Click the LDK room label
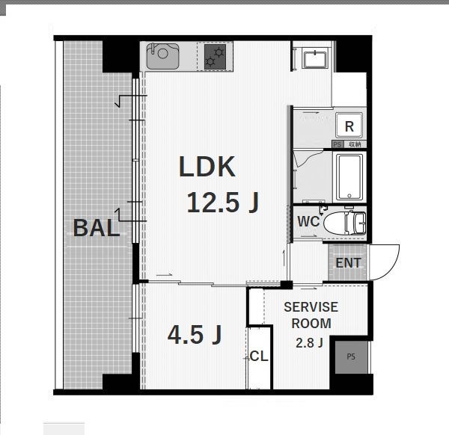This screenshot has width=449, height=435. [x=207, y=167]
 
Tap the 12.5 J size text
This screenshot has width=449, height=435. [x=222, y=203]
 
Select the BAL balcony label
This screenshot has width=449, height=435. [x=97, y=228]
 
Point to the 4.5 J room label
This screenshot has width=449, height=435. [x=195, y=334]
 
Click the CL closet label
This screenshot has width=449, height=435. [x=259, y=356]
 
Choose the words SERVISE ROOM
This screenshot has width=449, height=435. [x=311, y=315]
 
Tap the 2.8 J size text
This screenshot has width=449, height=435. [x=309, y=342]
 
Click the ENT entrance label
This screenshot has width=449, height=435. [x=348, y=263]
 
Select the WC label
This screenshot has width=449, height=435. [x=308, y=221]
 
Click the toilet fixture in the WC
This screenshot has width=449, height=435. [x=345, y=223]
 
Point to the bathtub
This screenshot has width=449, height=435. [x=349, y=177]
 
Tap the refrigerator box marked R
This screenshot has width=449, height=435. [x=349, y=126]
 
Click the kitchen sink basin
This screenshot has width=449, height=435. [x=162, y=56]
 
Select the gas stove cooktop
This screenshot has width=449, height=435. [x=215, y=56]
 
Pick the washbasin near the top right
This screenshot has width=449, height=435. [x=315, y=60]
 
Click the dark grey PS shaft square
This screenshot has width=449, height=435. [x=351, y=357]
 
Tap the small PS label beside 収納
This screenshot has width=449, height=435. [x=337, y=144]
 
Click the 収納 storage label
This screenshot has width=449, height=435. [x=355, y=144]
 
